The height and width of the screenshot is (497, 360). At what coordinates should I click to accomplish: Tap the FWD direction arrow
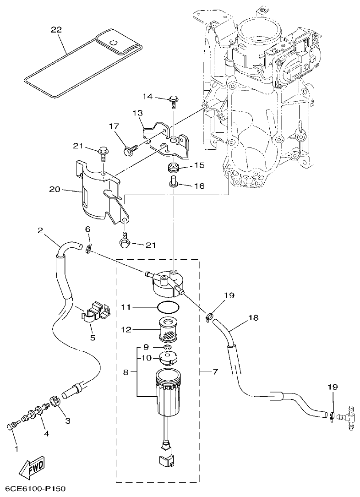[31, 469]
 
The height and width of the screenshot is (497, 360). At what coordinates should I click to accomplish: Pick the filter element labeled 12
[168, 330]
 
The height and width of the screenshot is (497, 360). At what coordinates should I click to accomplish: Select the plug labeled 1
[11, 426]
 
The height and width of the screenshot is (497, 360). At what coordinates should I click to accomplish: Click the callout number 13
[138, 113]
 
